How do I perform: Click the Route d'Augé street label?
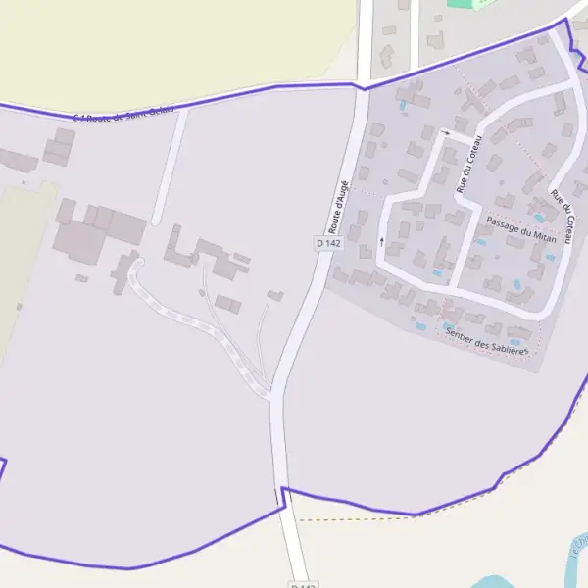click(338, 206)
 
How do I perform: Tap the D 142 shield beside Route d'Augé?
click(327, 242)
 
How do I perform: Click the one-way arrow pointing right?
click(446, 132)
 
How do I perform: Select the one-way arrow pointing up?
click(381, 240)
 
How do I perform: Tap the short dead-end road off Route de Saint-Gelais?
click(168, 167)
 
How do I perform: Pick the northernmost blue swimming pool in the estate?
click(403, 104)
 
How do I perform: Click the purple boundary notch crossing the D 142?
click(284, 495)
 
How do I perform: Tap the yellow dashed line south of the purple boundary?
click(353, 518)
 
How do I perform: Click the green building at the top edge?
click(468, 4)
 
